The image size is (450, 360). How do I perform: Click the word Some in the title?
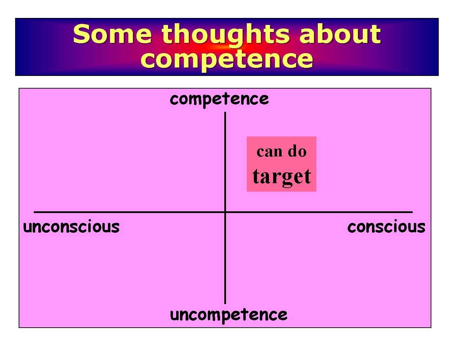(112, 34)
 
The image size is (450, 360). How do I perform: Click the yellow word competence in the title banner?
(226, 59)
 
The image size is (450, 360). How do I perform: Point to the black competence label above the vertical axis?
(219, 99)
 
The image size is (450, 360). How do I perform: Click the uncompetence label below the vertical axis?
(228, 315)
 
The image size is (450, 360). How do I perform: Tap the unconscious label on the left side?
(71, 227)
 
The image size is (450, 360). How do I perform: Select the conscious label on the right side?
(386, 227)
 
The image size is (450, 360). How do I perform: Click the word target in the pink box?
(282, 176)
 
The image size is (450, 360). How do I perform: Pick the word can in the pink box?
(270, 152)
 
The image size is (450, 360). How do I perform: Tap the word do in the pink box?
(297, 151)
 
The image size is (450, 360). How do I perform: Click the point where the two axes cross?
(225, 212)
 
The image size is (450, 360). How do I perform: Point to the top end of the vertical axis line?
(225, 113)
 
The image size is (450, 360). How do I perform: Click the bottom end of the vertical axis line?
(225, 303)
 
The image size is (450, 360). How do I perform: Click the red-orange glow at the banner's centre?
(225, 47)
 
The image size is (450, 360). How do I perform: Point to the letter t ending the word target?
(308, 176)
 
